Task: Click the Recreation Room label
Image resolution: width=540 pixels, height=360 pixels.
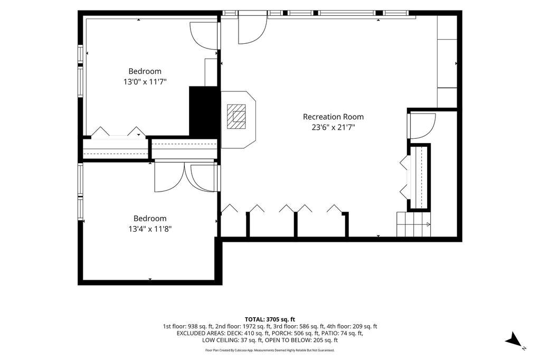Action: (333, 117)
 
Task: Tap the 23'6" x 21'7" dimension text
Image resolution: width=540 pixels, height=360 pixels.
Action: (333, 127)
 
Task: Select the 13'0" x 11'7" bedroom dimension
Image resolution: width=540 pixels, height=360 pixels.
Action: (145, 82)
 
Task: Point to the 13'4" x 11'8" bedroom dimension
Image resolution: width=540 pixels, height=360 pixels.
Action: (150, 229)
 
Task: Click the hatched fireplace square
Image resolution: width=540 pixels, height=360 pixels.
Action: (236, 117)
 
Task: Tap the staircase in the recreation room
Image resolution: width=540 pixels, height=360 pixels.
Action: (413, 224)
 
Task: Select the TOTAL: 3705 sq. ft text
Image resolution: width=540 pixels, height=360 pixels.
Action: (270, 319)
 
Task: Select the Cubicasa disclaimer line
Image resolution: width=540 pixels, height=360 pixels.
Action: (270, 350)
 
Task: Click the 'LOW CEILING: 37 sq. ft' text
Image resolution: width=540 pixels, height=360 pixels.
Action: (232, 340)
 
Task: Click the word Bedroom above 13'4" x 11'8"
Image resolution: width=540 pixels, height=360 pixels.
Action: (150, 219)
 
